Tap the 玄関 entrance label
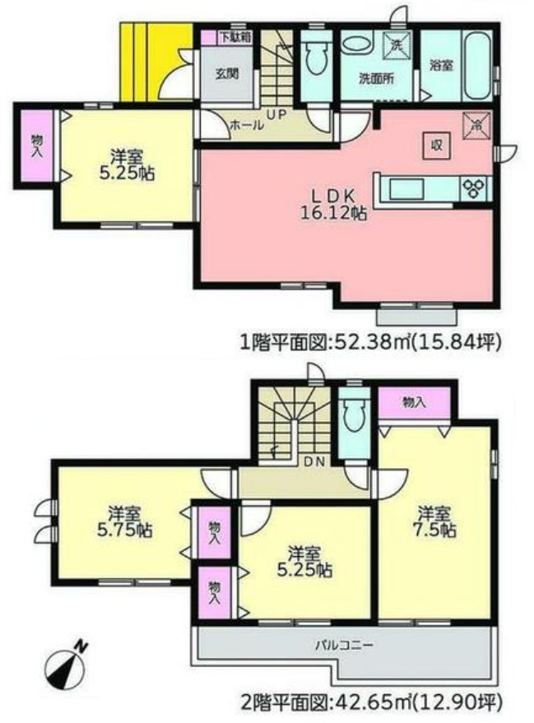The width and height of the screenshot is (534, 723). pos(227,72)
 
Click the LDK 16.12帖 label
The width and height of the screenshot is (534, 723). pos(332,203)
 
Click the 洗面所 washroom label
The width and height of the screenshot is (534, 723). pos(375,79)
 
